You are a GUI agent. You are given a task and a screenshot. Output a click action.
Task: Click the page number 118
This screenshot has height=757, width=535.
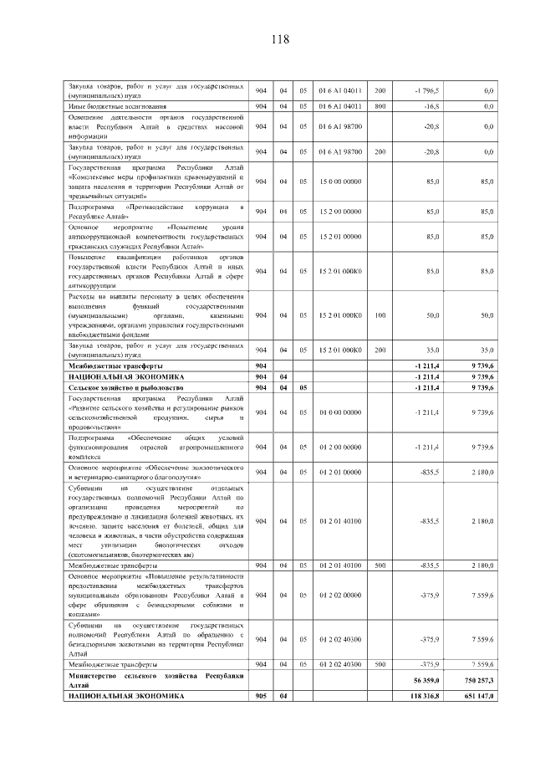tap(279, 39)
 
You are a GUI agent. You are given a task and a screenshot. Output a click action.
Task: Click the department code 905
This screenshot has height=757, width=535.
tap(262, 696)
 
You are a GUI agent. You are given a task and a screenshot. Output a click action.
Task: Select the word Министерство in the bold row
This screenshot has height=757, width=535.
tap(95, 674)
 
